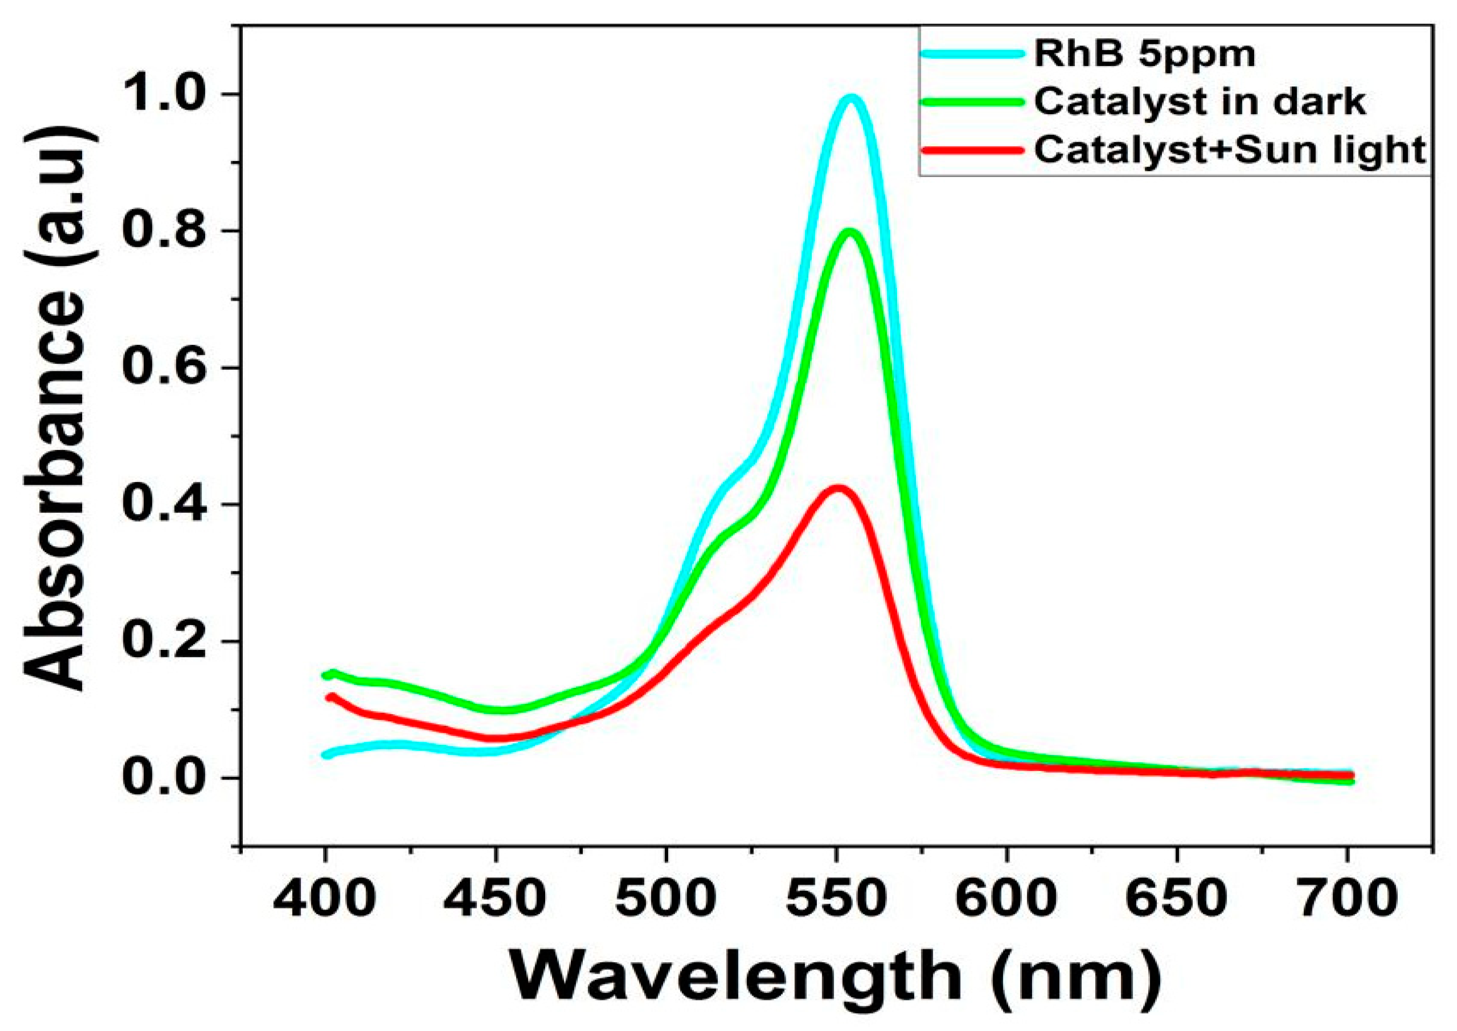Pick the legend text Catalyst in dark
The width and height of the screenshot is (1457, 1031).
(1200, 101)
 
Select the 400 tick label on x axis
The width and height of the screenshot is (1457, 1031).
(325, 899)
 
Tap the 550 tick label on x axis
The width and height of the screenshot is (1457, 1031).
(837, 899)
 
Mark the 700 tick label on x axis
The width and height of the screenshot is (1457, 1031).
(1347, 899)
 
